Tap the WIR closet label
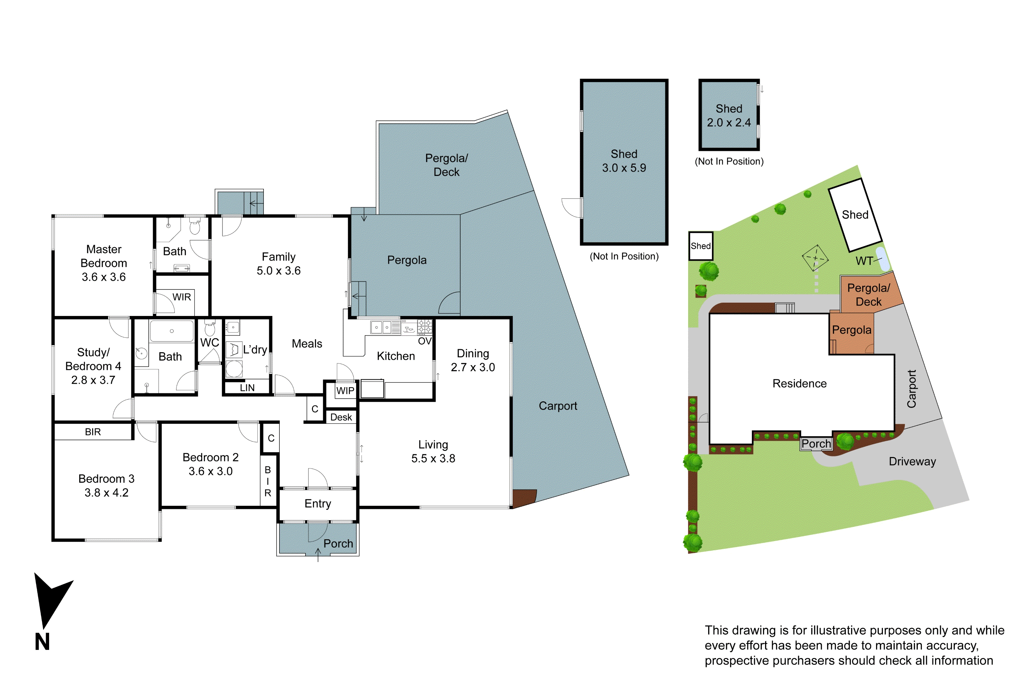[182, 297]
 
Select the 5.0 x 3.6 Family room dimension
[279, 271]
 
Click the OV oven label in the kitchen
[425, 341]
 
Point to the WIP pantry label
[345, 391]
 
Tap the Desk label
[341, 417]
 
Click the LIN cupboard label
[247, 388]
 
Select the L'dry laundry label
[255, 350]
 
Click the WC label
[210, 342]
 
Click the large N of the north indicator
[42, 642]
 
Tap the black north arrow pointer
[50, 599]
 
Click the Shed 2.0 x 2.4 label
[729, 116]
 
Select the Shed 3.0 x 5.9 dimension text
[624, 168]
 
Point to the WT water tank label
[864, 261]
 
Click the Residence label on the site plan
[799, 383]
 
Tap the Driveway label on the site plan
[912, 461]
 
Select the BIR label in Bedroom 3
[93, 432]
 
